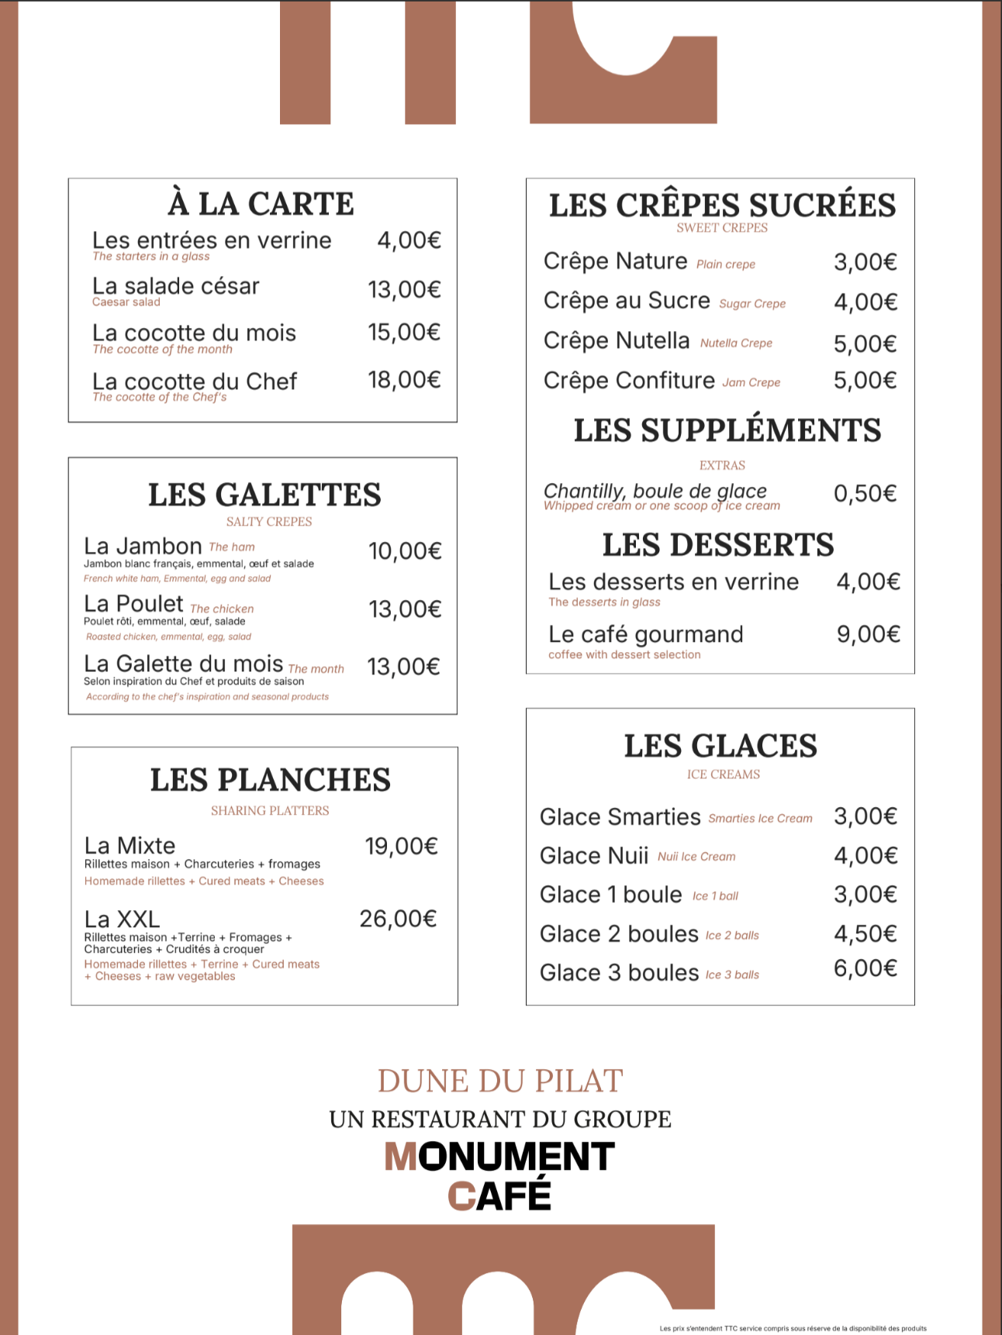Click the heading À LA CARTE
click(x=261, y=204)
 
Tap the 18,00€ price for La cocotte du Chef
click(x=403, y=380)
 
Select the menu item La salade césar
click(x=176, y=287)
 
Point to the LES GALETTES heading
click(x=264, y=495)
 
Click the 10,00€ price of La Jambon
click(x=404, y=551)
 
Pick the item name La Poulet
click(x=133, y=604)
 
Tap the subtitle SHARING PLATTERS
click(x=270, y=811)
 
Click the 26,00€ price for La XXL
click(x=398, y=919)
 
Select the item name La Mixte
click(x=130, y=846)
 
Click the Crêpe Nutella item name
click(x=617, y=341)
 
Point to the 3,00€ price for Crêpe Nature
click(x=865, y=263)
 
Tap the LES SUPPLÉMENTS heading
click(x=727, y=431)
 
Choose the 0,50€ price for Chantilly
click(x=865, y=494)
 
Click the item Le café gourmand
click(x=645, y=635)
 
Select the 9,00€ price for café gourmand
click(x=868, y=635)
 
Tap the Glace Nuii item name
click(x=594, y=856)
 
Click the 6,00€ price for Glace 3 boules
click(x=865, y=968)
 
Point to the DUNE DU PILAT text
click(x=500, y=1081)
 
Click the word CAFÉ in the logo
click(x=500, y=1195)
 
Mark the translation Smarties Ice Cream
click(x=760, y=819)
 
